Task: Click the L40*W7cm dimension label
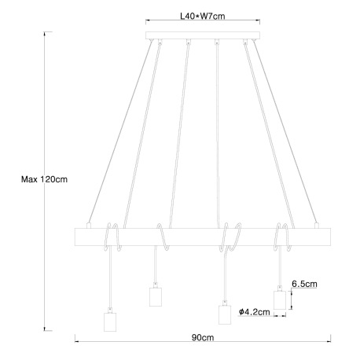[203, 17]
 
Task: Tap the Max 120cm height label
[44, 179]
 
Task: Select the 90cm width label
[203, 337]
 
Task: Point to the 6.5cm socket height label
[304, 284]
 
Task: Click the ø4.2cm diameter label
[254, 312]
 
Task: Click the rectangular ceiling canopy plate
[203, 35]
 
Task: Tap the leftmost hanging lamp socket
[110, 321]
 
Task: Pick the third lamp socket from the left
[225, 314]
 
